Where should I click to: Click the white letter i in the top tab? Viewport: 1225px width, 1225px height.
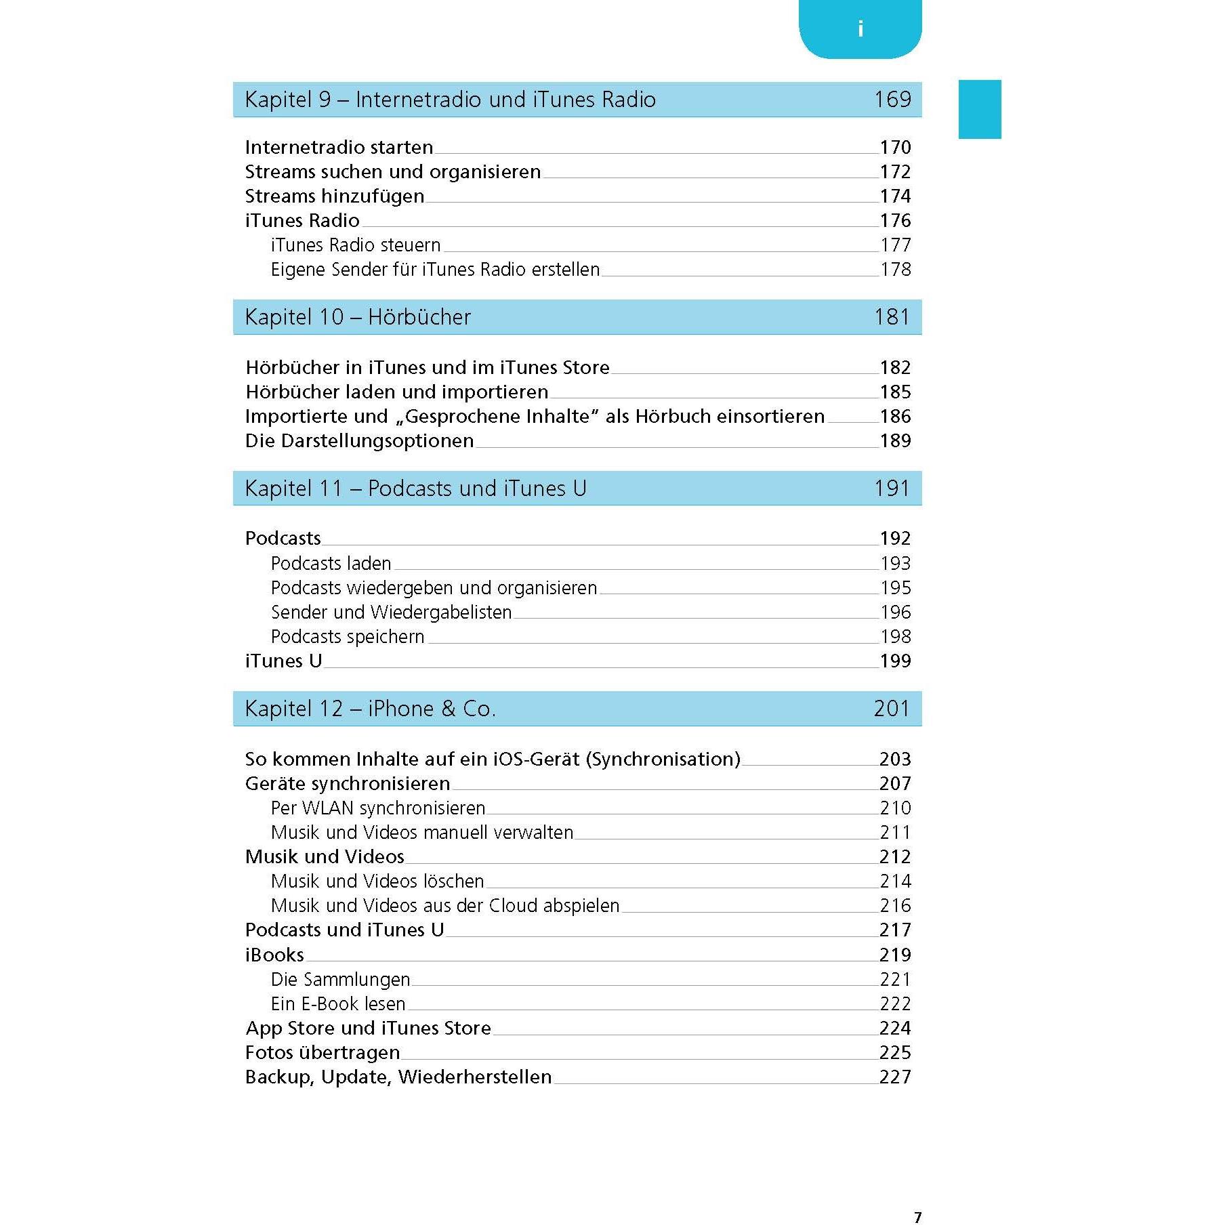coord(860,29)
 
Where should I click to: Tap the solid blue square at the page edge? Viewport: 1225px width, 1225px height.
coord(979,109)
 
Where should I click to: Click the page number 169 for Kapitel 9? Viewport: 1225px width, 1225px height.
coord(892,100)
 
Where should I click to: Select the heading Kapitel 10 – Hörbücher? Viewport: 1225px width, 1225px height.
coord(358,317)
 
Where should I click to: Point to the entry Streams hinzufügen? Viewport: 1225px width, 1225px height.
coord(334,196)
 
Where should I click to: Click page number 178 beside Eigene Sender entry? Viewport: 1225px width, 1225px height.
coord(895,270)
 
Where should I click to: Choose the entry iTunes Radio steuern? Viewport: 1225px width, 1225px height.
coord(355,245)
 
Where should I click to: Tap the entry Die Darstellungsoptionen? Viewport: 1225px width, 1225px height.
coord(359,441)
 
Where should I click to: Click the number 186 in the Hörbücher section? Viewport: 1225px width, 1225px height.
coord(895,417)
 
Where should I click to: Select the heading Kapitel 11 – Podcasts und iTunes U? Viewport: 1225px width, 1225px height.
coord(415,489)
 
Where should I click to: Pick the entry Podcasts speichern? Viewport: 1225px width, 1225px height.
coord(347,637)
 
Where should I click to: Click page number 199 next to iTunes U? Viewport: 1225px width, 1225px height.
coord(895,661)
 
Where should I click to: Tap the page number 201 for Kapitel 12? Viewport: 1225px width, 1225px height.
coord(892,709)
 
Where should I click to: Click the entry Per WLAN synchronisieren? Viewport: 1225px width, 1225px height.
coord(377,808)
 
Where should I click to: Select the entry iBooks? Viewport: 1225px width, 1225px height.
coord(274,955)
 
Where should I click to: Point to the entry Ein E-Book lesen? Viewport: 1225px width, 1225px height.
coord(337,1004)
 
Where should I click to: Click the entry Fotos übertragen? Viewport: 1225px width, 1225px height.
coord(323,1053)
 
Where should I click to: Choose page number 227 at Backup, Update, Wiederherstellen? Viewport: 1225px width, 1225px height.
coord(895,1077)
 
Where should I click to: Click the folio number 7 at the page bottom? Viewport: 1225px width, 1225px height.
coord(917,1218)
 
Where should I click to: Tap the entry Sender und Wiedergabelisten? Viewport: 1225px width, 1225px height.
coord(391,612)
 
